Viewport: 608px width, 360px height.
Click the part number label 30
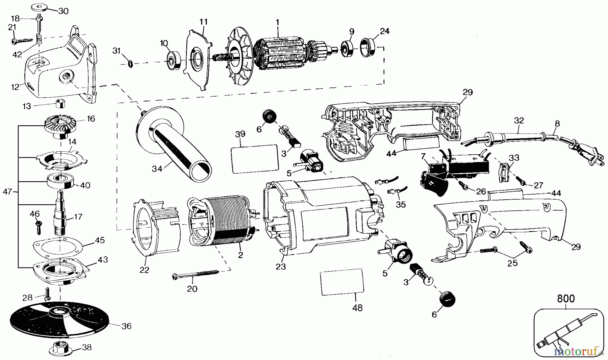63,11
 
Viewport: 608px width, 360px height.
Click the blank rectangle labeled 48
341,282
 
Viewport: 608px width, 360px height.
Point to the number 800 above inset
565,299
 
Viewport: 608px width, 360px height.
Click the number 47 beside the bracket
7,191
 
